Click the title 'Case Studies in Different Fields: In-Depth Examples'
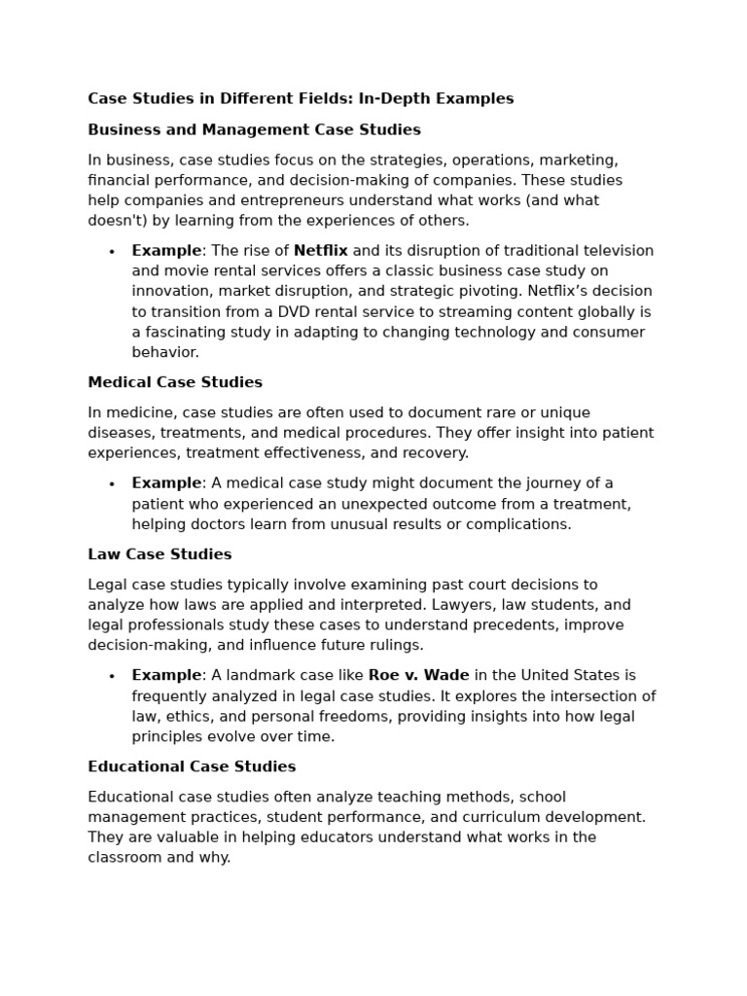(x=301, y=98)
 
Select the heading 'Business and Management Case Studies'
(x=254, y=129)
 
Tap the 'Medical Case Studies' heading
(x=175, y=382)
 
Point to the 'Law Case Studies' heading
(x=160, y=554)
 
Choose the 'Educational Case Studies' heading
(x=192, y=766)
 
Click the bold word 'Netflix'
(x=320, y=251)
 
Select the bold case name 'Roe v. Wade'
(x=418, y=675)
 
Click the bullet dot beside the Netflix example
(x=112, y=252)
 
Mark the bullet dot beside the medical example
(x=112, y=484)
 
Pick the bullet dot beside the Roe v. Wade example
(x=112, y=676)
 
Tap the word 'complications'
(x=522, y=524)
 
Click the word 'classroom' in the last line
(x=122, y=858)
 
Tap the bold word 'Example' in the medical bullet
(x=166, y=483)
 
